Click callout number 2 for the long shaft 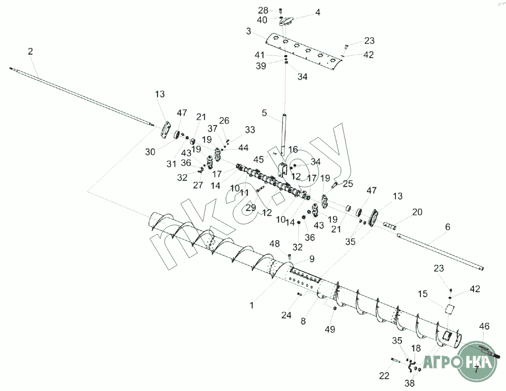[30, 52]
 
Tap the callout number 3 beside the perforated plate [249, 31]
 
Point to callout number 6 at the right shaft [448, 227]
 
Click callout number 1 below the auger [252, 305]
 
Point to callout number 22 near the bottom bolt [384, 376]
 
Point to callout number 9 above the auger [311, 259]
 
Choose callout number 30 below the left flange [150, 152]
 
